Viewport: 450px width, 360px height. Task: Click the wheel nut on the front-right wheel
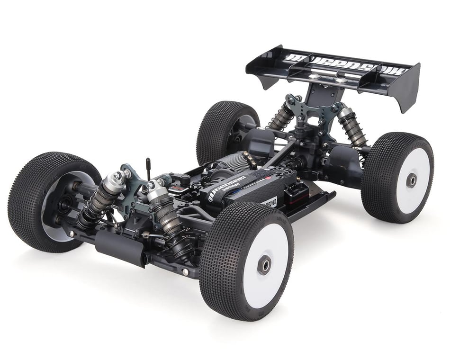tap(264, 265)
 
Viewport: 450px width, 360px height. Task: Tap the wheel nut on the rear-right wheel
tap(412, 180)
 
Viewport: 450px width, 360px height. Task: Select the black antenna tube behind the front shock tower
tap(148, 169)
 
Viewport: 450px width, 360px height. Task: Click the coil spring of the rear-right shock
tap(352, 130)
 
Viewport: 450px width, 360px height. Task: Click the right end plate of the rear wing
tap(408, 88)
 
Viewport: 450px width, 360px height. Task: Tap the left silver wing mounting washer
tap(314, 75)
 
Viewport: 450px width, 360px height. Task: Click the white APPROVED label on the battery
tap(268, 201)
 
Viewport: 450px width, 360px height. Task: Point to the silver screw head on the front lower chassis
tap(184, 272)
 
